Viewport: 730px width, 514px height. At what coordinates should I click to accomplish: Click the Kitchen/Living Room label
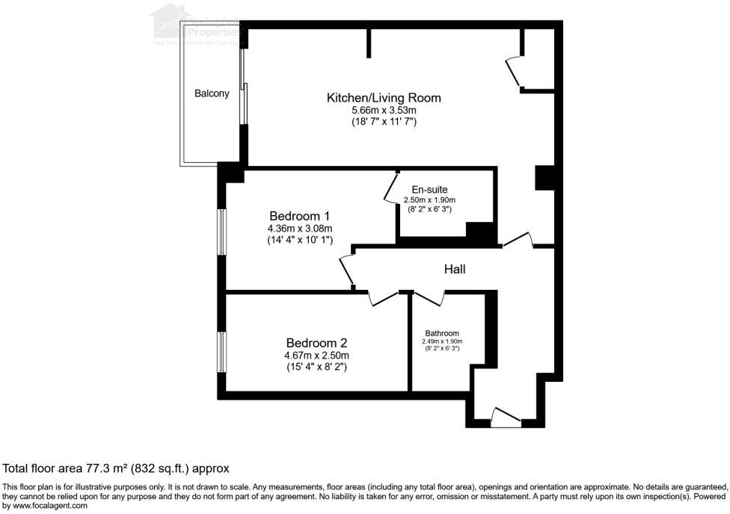[x=384, y=98]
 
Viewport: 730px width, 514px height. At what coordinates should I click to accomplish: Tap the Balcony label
[x=212, y=94]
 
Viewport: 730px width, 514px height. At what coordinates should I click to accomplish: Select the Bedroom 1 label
[x=299, y=216]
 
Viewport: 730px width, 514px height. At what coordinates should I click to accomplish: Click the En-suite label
[x=430, y=190]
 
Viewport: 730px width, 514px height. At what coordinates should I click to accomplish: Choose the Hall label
[x=455, y=269]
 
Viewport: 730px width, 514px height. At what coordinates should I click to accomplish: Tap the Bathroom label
[x=442, y=333]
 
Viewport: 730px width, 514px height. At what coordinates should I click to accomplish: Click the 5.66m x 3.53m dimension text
[x=384, y=110]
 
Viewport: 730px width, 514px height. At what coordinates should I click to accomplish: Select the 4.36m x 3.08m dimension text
[x=299, y=229]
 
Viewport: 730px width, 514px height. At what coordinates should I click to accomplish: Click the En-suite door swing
[x=390, y=188]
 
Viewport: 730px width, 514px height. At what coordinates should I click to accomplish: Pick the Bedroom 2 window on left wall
[x=221, y=352]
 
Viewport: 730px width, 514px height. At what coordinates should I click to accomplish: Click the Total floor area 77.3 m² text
[x=116, y=468]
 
